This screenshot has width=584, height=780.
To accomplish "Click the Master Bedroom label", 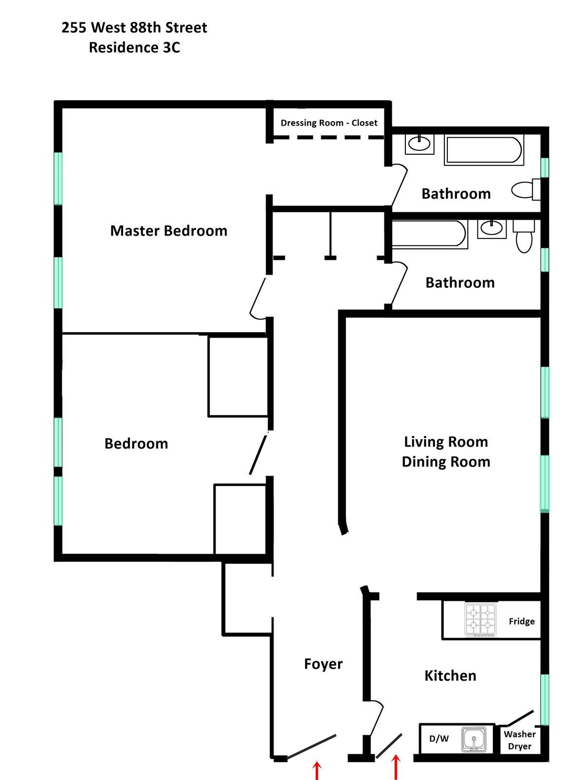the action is [x=169, y=231].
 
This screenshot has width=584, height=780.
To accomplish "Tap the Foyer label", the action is [x=324, y=664].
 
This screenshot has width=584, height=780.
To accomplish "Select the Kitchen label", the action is [x=451, y=675].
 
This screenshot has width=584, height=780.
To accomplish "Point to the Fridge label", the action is [x=522, y=621].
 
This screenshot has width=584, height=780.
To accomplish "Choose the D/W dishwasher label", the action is [x=439, y=739].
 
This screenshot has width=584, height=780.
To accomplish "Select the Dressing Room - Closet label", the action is [x=329, y=123].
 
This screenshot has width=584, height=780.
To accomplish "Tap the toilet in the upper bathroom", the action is [x=526, y=190].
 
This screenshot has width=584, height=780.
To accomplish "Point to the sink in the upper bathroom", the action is [x=420, y=144].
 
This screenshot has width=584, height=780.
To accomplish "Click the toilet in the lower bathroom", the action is [x=524, y=236].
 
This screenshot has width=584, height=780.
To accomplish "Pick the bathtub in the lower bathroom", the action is [x=430, y=234].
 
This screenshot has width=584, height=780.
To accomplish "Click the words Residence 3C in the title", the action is [x=134, y=47].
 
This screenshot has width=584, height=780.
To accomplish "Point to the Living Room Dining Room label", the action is [x=446, y=452].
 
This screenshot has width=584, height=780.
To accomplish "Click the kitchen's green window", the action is [x=545, y=699].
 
